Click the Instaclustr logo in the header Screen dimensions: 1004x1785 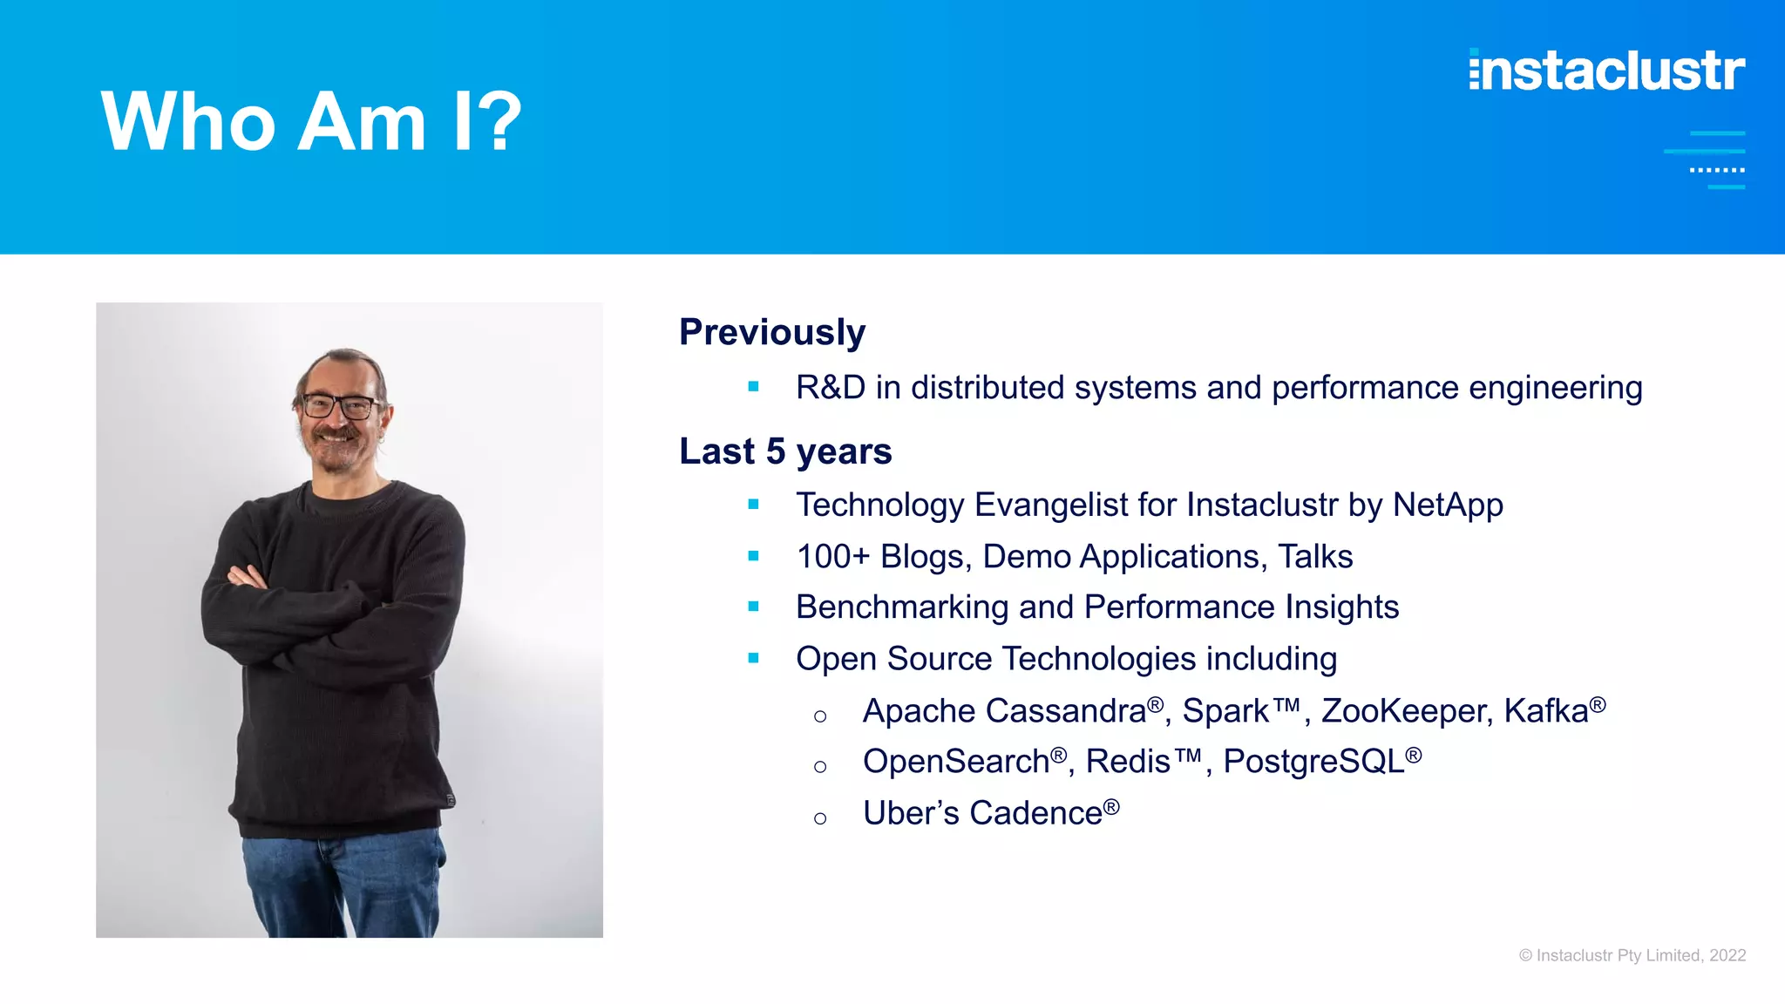1606,71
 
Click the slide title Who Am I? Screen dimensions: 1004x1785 311,122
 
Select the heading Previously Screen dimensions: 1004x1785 772,332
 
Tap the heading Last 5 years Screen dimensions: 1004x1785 785,451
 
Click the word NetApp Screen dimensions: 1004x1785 1448,505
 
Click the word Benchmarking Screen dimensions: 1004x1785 902,607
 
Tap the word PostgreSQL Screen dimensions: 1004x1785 1313,762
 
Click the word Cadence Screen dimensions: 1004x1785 1035,813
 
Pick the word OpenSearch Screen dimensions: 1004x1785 955,762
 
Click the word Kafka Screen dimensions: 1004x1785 1545,711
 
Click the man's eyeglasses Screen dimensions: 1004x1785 338,405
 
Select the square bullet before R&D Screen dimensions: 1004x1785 754,386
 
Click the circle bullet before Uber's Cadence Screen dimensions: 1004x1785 820,818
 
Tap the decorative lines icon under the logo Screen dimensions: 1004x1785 1708,159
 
